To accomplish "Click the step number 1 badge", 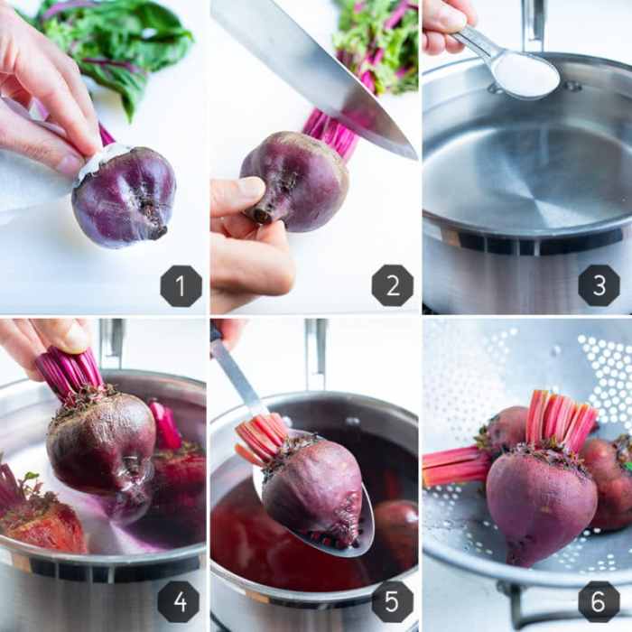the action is pyautogui.click(x=181, y=286).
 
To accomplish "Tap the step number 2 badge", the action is pyautogui.click(x=393, y=285).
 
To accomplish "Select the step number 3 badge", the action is pyautogui.click(x=599, y=285).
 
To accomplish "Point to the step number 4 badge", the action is pyautogui.click(x=179, y=602).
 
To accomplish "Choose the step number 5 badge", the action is pyautogui.click(x=392, y=602).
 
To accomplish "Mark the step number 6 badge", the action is pyautogui.click(x=599, y=602).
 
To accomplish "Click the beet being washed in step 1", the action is pyautogui.click(x=125, y=197).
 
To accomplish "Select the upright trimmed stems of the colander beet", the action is pyautogui.click(x=561, y=419).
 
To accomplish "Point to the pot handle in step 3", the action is pyautogui.click(x=534, y=25).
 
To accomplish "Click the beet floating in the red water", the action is pyautogui.click(x=395, y=524).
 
